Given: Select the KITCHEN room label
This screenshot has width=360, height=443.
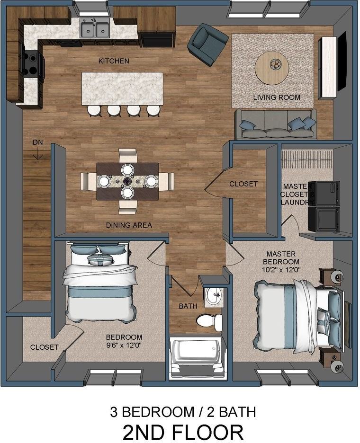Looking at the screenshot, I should click(114, 61).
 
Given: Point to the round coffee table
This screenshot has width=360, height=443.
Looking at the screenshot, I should click(272, 67).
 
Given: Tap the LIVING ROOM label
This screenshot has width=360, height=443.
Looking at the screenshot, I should click(277, 97).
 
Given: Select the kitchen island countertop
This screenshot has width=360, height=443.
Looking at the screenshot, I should click(122, 88).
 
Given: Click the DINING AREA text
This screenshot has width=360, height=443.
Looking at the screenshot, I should click(129, 225).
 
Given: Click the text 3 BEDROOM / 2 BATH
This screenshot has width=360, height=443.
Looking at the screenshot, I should click(183, 411).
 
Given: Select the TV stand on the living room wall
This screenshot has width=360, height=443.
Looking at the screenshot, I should click(327, 64).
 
